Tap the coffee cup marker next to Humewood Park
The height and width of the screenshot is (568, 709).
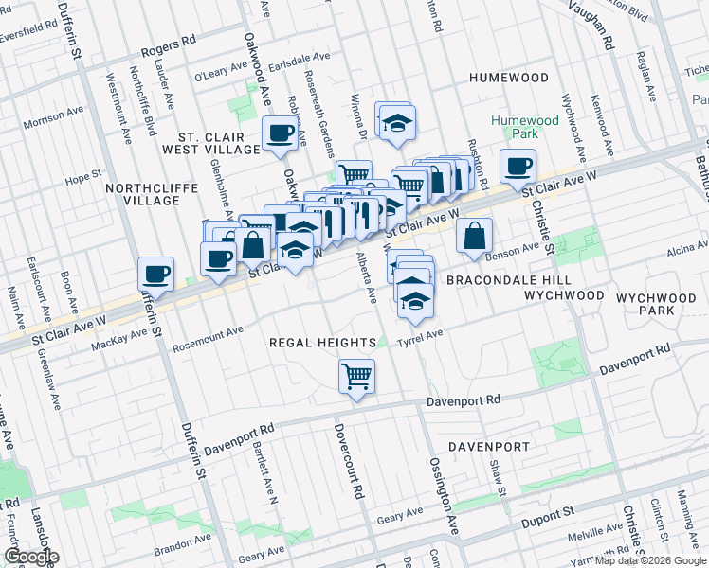tap(518, 167)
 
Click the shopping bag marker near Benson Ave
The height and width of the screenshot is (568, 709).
tap(474, 237)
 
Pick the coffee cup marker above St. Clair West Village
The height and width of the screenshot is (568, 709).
tap(280, 133)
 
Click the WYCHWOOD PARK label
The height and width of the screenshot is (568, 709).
tap(659, 303)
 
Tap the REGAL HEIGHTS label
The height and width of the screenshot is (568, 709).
tap(316, 342)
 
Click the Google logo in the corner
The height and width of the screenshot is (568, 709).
tap(31, 557)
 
